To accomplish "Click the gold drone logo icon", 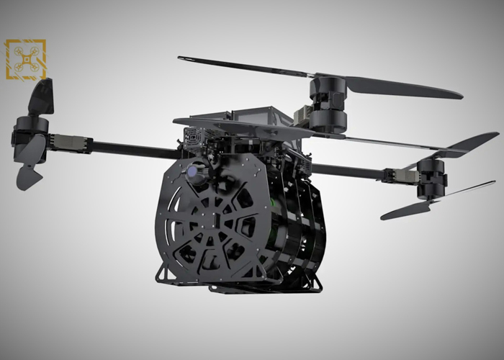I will click(25, 59).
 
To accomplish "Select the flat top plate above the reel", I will click(238, 127).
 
